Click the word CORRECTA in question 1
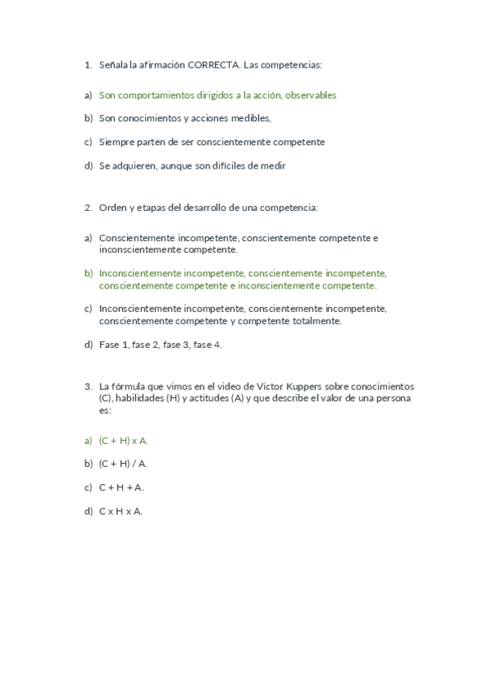pos(213,64)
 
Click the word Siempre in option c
pos(117,142)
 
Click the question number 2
pos(87,207)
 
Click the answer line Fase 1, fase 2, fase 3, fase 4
pos(160,345)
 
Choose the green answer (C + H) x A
pos(123,440)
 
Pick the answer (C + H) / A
pos(123,464)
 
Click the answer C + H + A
pos(121,487)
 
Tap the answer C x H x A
pos(121,511)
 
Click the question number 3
pos(87,386)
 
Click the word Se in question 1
pos(104,165)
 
